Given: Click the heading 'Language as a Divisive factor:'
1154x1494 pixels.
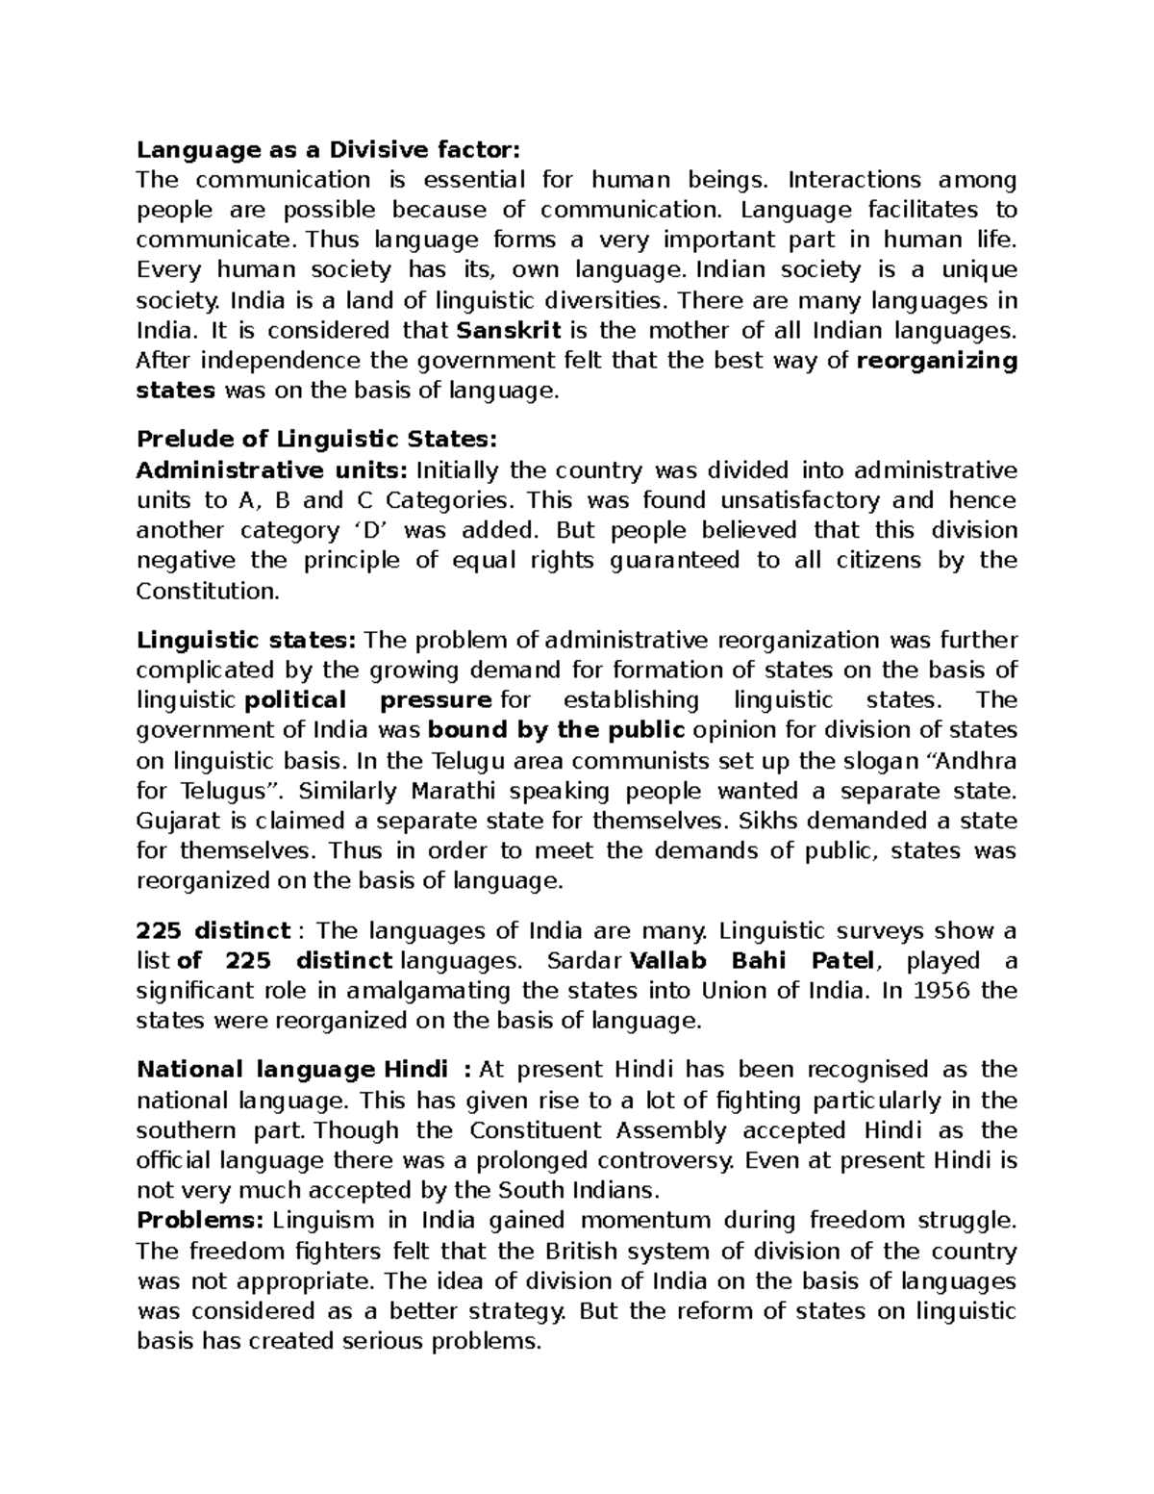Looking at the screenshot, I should [x=328, y=149].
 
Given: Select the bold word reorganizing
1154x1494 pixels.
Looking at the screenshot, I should [x=936, y=361].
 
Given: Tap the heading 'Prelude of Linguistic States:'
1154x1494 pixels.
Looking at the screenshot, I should [x=317, y=440].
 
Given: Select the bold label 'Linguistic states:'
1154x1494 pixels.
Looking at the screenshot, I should [x=247, y=641].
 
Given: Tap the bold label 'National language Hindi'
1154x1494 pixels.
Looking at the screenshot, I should [x=292, y=1070].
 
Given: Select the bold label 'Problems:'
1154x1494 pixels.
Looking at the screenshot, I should [x=200, y=1221].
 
